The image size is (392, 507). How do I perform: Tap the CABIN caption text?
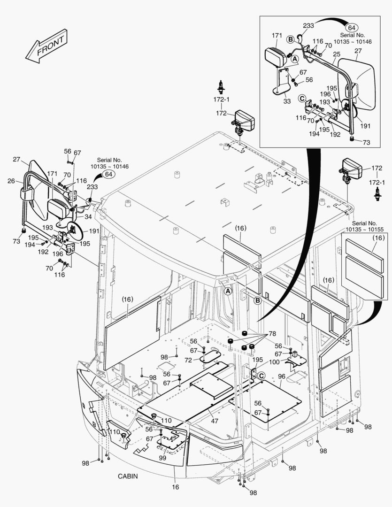[128, 476]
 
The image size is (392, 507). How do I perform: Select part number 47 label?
[215, 421]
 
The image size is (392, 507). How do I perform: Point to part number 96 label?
[282, 376]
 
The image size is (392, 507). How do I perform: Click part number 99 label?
[162, 458]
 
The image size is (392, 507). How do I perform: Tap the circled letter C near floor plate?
[261, 376]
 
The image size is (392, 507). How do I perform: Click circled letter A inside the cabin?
[228, 291]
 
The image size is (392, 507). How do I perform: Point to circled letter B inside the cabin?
[258, 300]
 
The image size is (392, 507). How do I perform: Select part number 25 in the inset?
[336, 55]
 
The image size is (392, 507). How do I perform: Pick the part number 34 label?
[88, 217]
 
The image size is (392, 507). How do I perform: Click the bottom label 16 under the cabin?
[175, 487]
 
